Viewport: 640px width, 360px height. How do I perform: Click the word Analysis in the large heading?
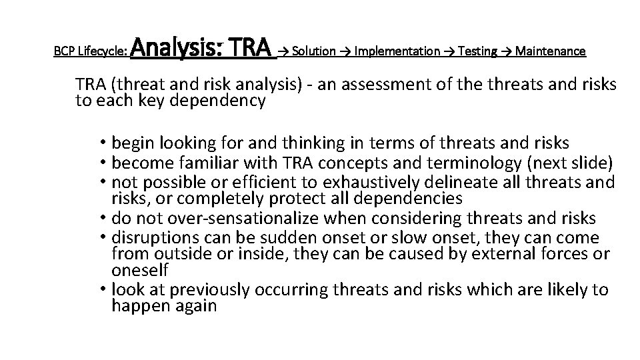[x=176, y=49]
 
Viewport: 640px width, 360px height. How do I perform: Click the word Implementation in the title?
[x=397, y=51]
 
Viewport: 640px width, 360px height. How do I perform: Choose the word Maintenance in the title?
[x=551, y=51]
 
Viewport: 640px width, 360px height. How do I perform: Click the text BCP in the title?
[x=63, y=51]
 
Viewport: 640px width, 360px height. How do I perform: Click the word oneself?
[x=140, y=269]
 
